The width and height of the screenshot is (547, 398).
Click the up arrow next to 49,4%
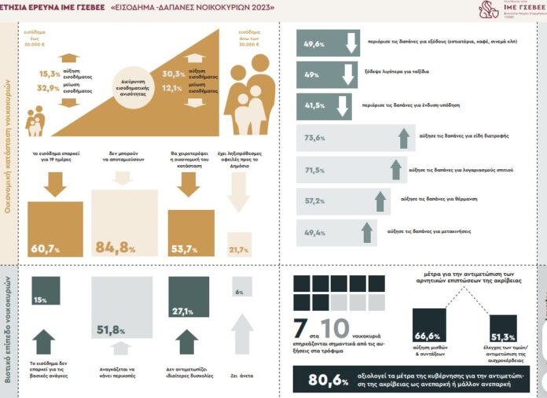(x=366, y=231)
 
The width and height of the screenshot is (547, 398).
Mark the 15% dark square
(x=41, y=300)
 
